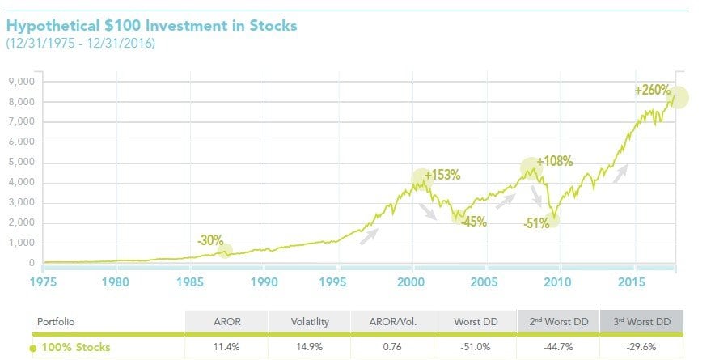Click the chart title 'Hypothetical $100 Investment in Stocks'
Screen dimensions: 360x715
pyautogui.click(x=151, y=26)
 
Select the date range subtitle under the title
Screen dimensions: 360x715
pyautogui.click(x=80, y=43)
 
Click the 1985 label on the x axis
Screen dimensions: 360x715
pyautogui.click(x=191, y=282)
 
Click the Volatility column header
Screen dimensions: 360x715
pyautogui.click(x=310, y=321)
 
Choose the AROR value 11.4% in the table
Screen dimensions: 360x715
pyautogui.click(x=226, y=347)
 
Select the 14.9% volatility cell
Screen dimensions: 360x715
pyautogui.click(x=310, y=347)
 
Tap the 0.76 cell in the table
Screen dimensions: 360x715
pyautogui.click(x=393, y=347)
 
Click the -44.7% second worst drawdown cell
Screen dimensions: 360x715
pyautogui.click(x=559, y=347)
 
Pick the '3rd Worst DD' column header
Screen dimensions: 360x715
pyautogui.click(x=642, y=321)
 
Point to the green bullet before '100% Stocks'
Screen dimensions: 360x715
pyautogui.click(x=33, y=348)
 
